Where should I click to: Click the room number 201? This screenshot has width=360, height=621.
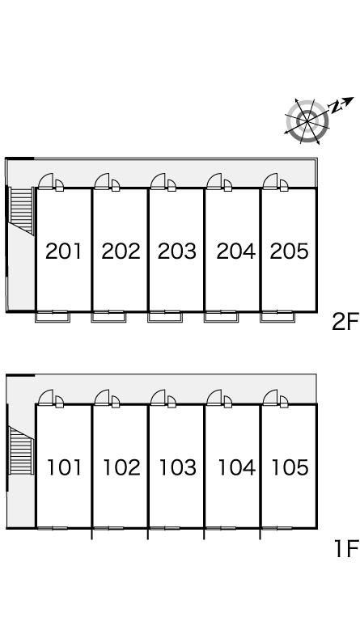coord(63,251)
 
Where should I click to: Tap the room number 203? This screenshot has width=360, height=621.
coord(176,251)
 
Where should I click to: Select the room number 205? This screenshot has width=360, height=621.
coord(289,251)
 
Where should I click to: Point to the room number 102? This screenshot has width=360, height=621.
coord(121,467)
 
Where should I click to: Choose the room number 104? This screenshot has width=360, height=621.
coord(237,467)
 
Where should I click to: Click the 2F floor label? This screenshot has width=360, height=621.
coord(345,321)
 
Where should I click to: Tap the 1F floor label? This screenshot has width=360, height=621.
coord(346,548)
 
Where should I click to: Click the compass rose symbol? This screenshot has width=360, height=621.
coord(307,120)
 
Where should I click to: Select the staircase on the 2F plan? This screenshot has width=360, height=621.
coord(21,210)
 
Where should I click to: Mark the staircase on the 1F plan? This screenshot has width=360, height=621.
coord(20,451)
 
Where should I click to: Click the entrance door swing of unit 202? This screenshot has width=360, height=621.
coord(102,181)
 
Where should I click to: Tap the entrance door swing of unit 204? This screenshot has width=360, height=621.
coord(214,181)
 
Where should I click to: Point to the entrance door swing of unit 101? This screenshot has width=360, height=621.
coord(46,398)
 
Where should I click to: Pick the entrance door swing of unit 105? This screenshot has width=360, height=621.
coord(270,398)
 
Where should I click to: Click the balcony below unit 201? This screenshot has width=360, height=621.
coord(53,317)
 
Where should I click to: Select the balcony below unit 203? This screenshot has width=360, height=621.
coord(165,317)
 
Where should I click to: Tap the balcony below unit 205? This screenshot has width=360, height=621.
coord(277,317)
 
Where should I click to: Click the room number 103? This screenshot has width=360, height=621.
coord(177,467)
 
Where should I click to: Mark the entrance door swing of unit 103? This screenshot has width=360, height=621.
coord(158,398)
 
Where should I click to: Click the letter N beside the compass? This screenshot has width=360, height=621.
coord(336,107)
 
